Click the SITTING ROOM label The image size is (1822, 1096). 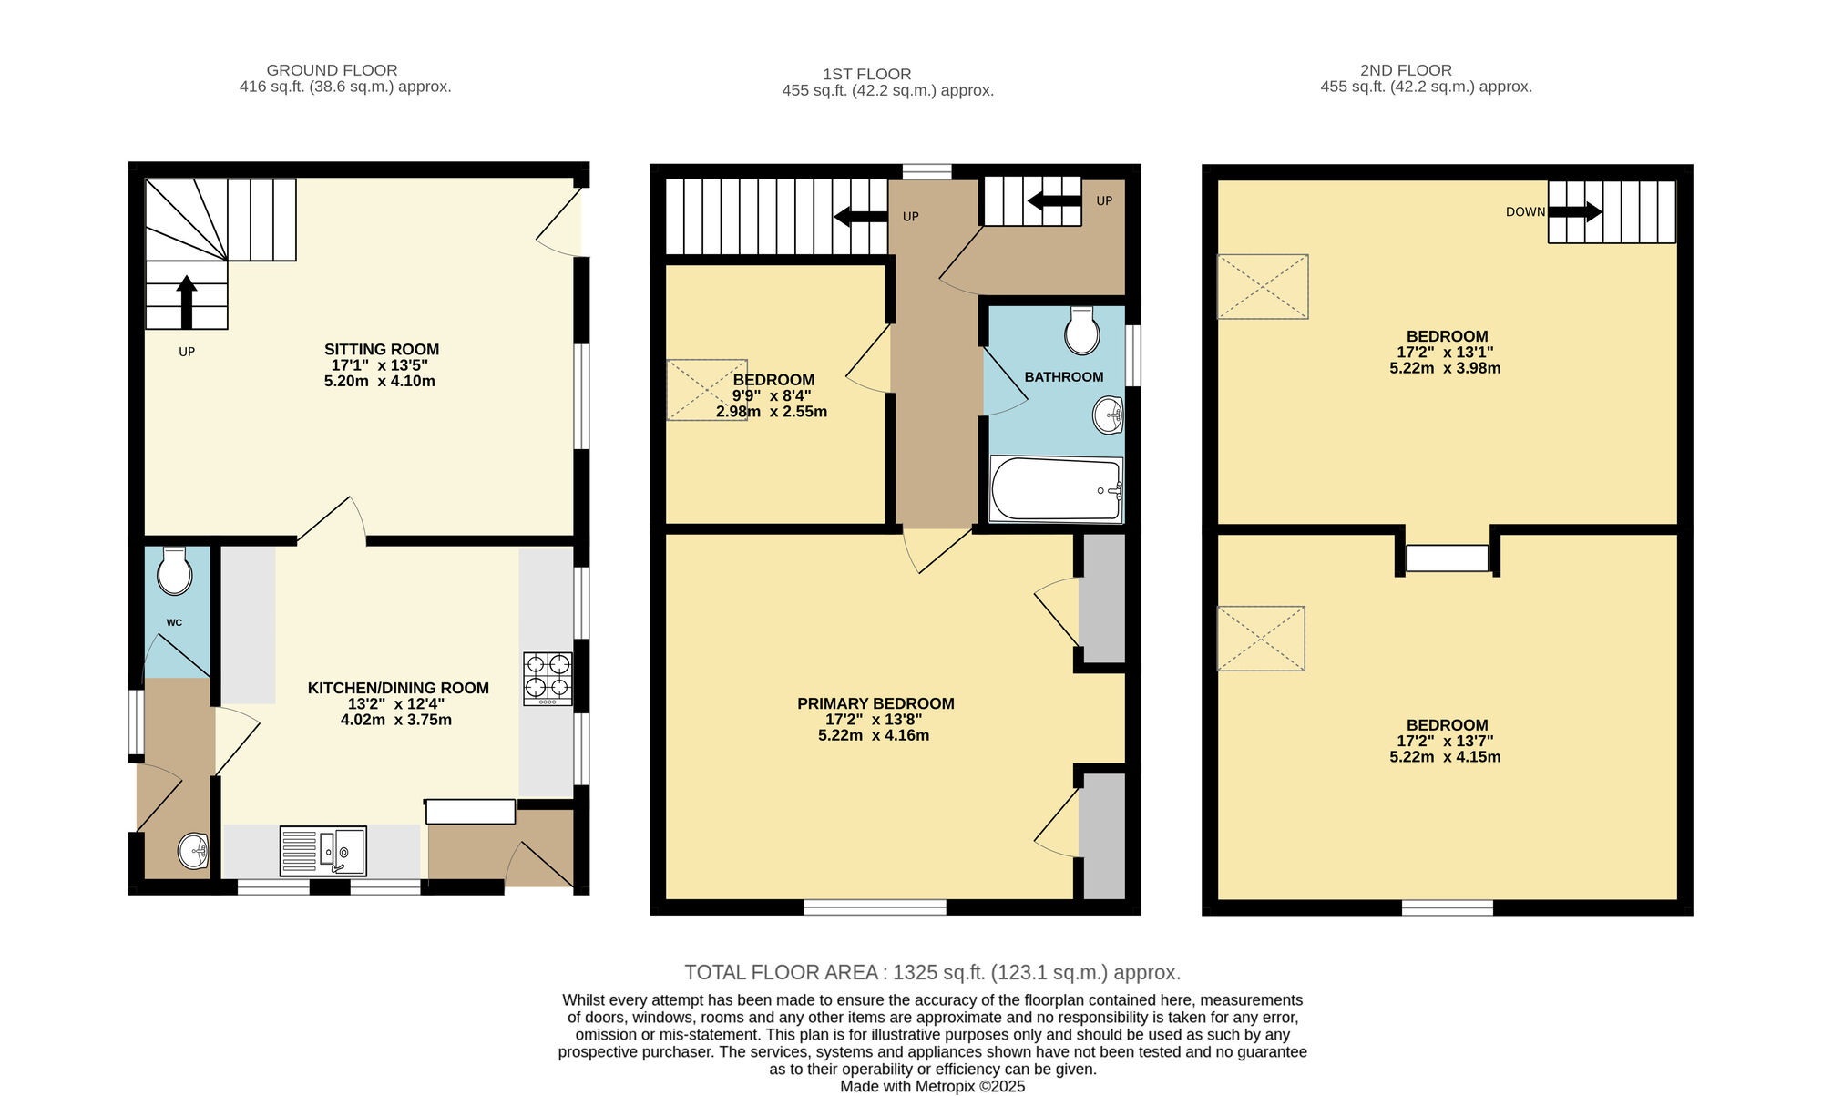[382, 350]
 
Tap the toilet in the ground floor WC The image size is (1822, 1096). [174, 572]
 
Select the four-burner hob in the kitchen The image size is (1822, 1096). [548, 679]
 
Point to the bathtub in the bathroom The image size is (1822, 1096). [1056, 489]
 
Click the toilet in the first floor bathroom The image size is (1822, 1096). [1081, 331]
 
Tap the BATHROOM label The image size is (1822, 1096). [1063, 377]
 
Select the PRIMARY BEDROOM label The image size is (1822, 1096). [875, 703]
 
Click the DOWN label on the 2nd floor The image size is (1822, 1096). [1525, 212]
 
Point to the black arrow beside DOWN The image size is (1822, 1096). [1575, 212]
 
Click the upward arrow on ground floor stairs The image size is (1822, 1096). [187, 302]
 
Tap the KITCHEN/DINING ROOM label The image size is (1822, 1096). [398, 688]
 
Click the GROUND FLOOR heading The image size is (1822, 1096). [332, 70]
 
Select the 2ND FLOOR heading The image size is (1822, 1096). [1406, 70]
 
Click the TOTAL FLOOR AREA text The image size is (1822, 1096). [932, 972]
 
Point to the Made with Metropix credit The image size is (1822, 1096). [932, 1086]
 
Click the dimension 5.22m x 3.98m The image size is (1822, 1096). [1445, 368]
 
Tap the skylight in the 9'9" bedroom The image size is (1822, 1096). [707, 390]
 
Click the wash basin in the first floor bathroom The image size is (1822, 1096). [1109, 415]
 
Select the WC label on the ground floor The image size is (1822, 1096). [174, 623]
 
